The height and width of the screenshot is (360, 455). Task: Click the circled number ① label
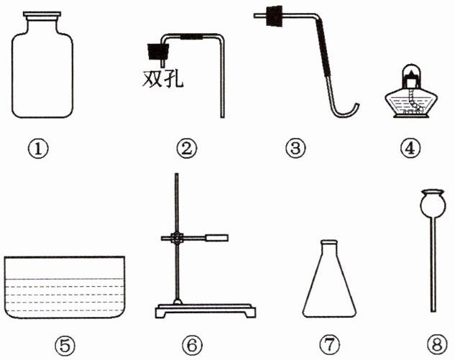[x=38, y=149]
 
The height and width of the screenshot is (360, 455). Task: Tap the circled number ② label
[x=187, y=149]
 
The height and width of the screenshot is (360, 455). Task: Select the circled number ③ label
[x=295, y=148]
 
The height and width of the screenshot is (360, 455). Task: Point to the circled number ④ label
[x=410, y=149]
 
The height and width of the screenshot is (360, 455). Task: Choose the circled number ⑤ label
[x=65, y=345]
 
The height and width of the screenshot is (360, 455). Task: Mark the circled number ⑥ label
[x=193, y=345]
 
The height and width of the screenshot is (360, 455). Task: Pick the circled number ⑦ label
[x=330, y=345]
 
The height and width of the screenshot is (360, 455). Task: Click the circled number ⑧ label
[x=437, y=345]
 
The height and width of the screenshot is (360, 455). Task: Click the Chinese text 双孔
[x=162, y=78]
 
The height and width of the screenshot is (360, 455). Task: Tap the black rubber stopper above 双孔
[x=158, y=52]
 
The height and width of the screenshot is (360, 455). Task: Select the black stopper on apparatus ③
[x=274, y=16]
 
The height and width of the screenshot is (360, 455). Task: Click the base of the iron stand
[x=205, y=310]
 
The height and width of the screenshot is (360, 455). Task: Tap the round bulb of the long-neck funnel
[x=433, y=203]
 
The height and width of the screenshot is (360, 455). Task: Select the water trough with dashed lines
[x=65, y=287]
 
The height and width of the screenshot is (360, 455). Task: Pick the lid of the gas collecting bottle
[x=42, y=14]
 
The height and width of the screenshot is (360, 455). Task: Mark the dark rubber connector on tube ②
[x=191, y=37]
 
